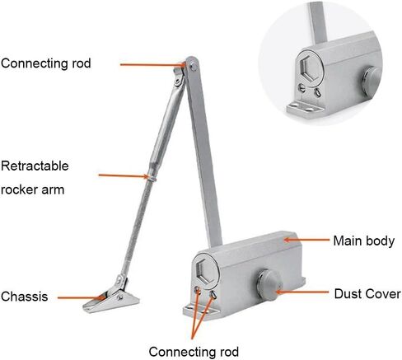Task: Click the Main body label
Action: pos(364,241)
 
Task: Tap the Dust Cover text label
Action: pos(367,294)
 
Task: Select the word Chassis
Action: pos(24,297)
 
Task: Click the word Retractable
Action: pos(35,166)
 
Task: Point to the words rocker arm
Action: pos(33,189)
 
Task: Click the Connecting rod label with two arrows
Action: pos(194,352)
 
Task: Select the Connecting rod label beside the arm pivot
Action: pos(45,63)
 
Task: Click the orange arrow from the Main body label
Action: pos(306,240)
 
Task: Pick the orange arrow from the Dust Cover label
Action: pos(302,292)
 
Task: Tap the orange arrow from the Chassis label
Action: pos(82,297)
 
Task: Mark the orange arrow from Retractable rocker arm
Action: pos(124,175)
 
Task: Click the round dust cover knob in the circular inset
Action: pos(372,77)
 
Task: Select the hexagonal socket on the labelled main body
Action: pos(206,270)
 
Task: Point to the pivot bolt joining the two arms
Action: pos(194,66)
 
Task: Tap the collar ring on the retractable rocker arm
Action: pos(152,178)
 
